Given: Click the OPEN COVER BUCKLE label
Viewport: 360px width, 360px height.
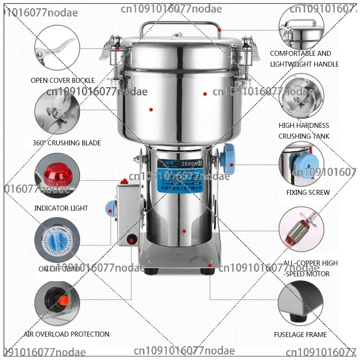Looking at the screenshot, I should coord(63,81).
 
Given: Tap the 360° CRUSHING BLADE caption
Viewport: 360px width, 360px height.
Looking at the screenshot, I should coord(67,143).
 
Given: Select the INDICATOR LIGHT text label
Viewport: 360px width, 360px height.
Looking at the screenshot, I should coord(61,208).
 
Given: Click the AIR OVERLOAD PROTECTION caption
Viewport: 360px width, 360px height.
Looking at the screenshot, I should coord(67,334).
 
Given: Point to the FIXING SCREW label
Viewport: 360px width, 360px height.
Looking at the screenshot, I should coord(308,193).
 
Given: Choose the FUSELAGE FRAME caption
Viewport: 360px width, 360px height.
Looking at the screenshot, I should coord(300,335).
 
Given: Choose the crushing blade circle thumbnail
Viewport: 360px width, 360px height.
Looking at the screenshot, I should coord(57,111).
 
